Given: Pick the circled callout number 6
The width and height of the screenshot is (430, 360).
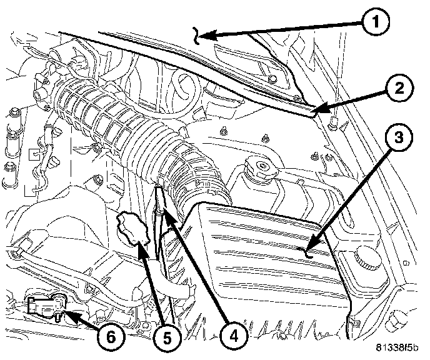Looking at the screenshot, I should [110, 337].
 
